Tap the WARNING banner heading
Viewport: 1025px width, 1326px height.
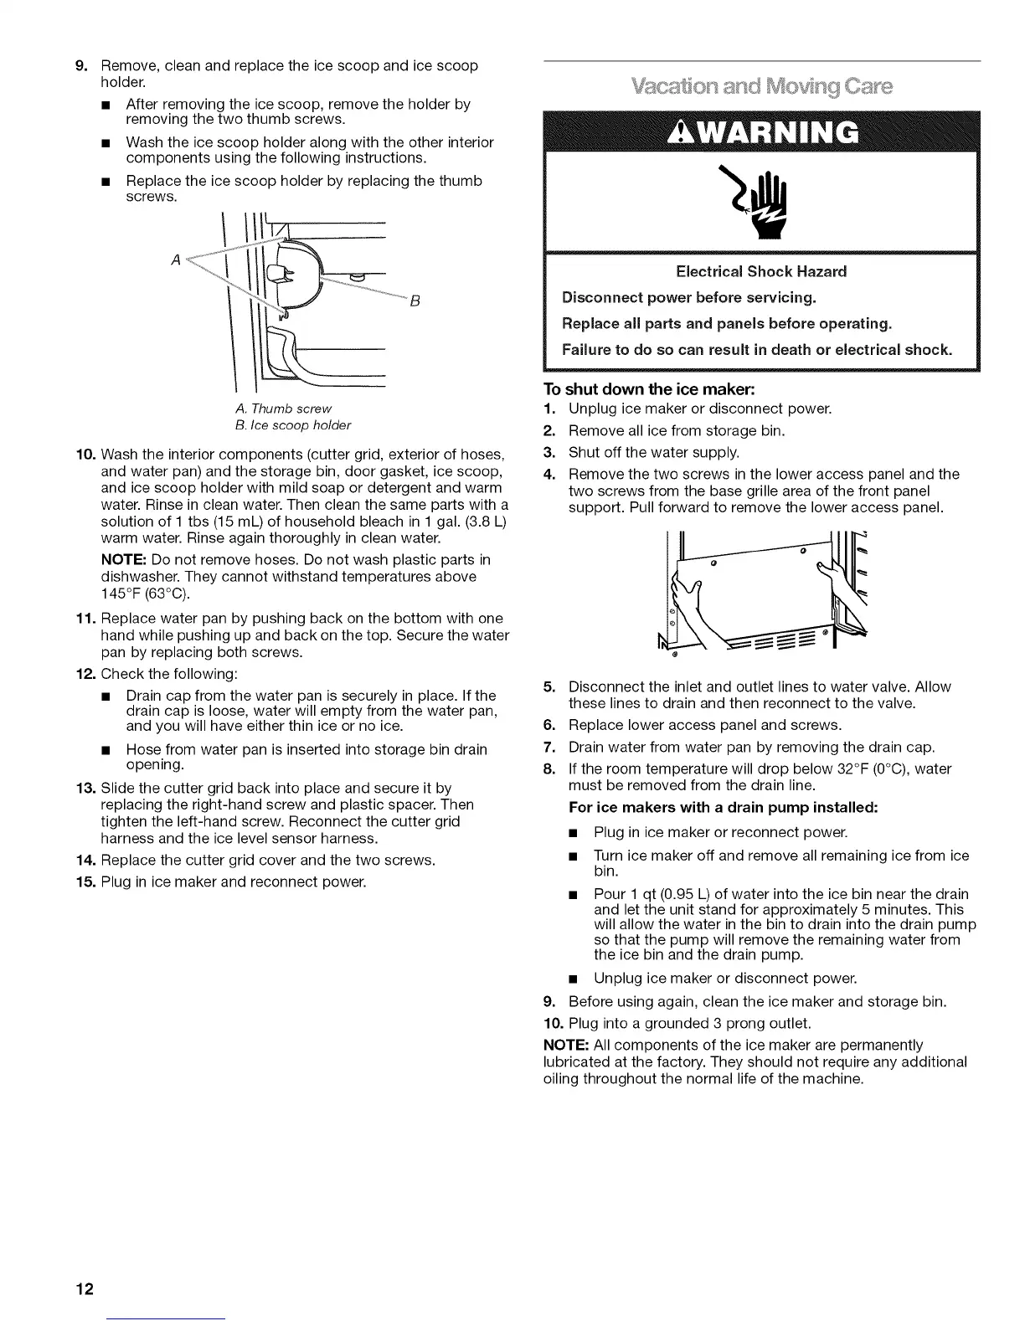pyautogui.click(x=760, y=131)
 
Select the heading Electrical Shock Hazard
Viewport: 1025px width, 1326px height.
pyautogui.click(x=760, y=271)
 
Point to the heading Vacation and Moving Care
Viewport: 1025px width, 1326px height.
pyautogui.click(x=760, y=87)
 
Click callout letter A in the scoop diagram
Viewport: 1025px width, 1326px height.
pyautogui.click(x=175, y=260)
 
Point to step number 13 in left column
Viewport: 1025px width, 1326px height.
pyautogui.click(x=88, y=788)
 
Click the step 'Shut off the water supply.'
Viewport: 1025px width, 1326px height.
pyautogui.click(x=654, y=453)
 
